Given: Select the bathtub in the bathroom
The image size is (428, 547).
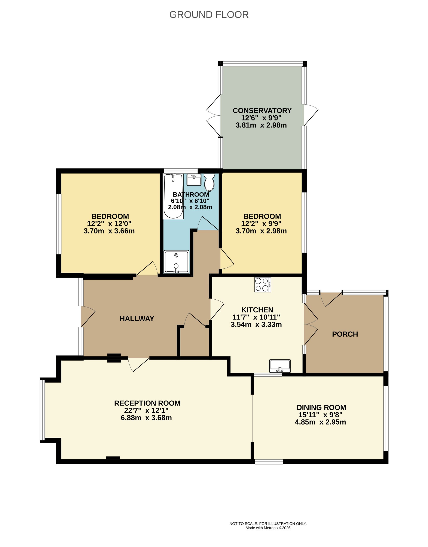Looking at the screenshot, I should [x=173, y=196].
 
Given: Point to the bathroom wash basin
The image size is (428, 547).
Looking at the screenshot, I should [x=194, y=180].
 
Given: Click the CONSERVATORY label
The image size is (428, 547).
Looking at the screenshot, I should [x=262, y=110].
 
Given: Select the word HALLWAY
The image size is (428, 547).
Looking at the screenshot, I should [x=137, y=318].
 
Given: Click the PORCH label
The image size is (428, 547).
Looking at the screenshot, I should [x=345, y=334].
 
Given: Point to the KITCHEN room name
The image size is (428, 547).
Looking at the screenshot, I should [x=257, y=310].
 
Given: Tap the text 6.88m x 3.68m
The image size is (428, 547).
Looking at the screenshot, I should [x=146, y=418].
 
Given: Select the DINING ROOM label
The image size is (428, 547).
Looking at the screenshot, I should [x=321, y=407].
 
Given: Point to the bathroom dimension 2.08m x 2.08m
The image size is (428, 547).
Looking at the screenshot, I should [x=190, y=207].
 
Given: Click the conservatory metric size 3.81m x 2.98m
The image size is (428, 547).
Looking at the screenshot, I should [x=261, y=125].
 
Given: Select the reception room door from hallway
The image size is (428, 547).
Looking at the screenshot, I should [x=139, y=364].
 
